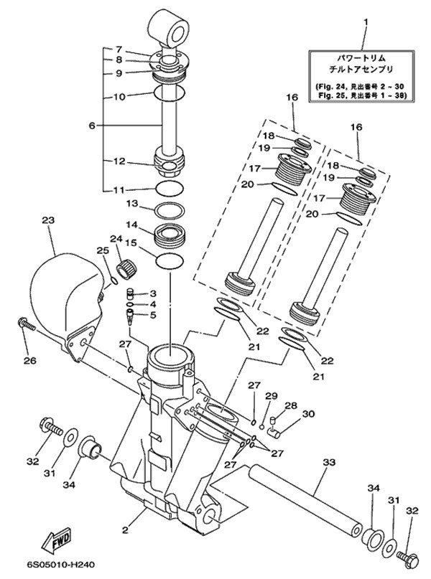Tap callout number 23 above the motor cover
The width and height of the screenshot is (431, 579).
tap(48, 220)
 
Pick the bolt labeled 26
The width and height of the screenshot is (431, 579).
tap(26, 324)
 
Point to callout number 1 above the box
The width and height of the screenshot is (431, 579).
tap(366, 22)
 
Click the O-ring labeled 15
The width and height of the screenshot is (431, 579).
tap(170, 261)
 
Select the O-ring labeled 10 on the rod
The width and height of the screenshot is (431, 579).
tap(170, 93)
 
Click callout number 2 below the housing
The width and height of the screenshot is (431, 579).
tap(125, 531)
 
